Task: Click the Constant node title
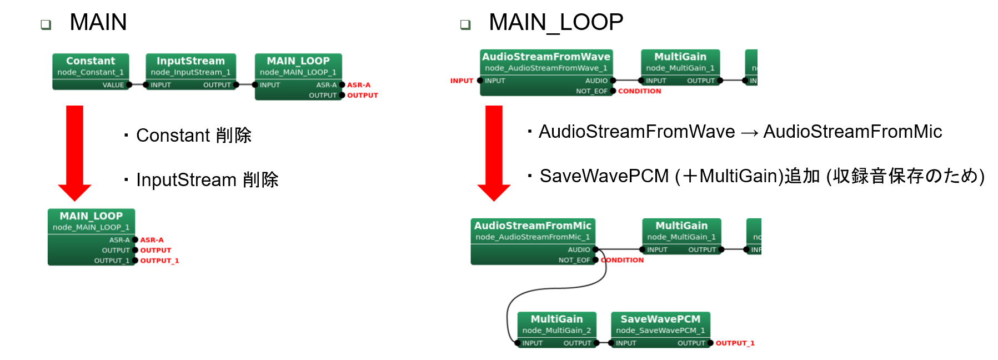[x=91, y=61]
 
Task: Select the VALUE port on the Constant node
[x=129, y=85]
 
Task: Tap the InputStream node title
[x=190, y=61]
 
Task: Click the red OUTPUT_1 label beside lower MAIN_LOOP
[x=160, y=261]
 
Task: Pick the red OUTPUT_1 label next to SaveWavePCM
[x=735, y=343]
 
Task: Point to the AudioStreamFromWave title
[x=546, y=57]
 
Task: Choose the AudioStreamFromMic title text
[x=533, y=226]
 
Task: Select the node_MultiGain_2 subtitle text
[x=556, y=331]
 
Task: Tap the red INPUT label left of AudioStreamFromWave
[x=462, y=81]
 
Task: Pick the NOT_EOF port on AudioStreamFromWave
[x=613, y=91]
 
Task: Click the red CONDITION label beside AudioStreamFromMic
[x=622, y=260]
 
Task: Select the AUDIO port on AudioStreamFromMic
[x=595, y=249]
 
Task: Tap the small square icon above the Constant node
[x=46, y=24]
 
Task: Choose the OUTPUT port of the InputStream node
[x=236, y=85]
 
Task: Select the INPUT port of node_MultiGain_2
[x=518, y=343]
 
